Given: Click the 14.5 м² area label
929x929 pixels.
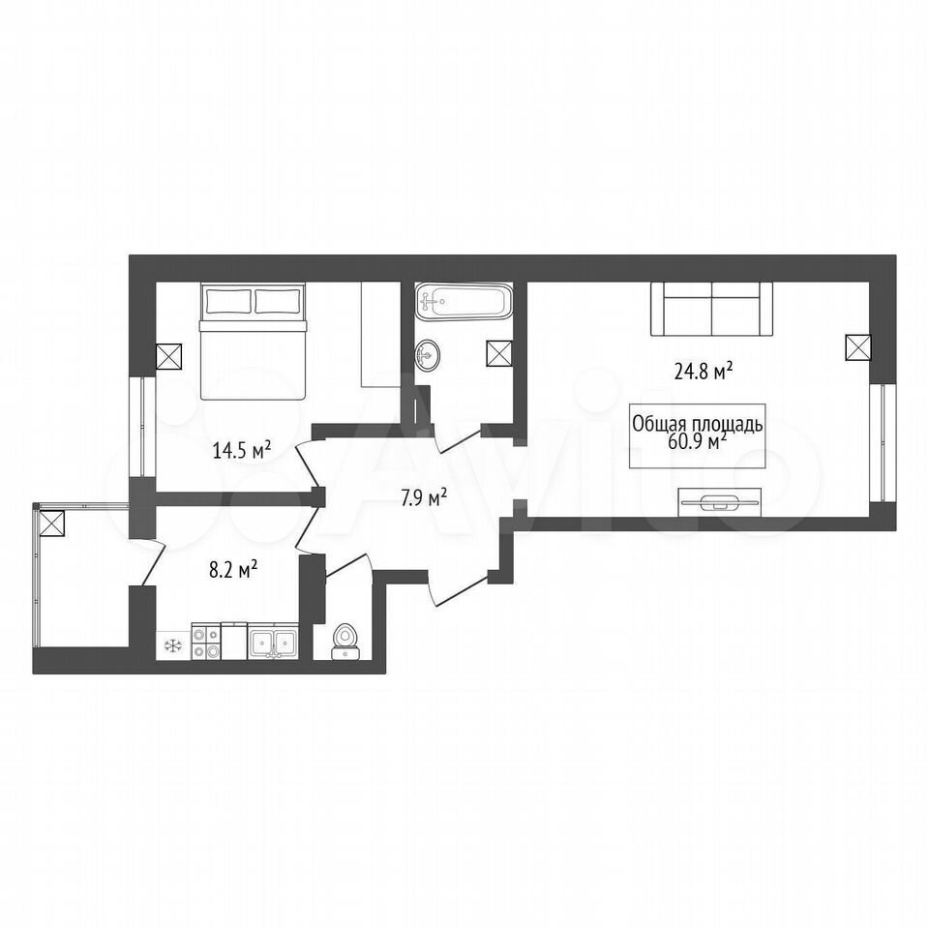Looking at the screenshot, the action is click(x=242, y=450).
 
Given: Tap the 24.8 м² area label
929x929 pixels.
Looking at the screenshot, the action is click(x=704, y=372).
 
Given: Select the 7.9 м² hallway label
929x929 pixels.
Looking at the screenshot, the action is click(x=424, y=498).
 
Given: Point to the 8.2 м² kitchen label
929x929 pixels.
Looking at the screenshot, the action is click(x=233, y=571).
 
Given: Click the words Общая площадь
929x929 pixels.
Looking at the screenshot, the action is click(x=698, y=425).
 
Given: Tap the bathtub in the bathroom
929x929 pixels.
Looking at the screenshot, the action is click(x=463, y=302).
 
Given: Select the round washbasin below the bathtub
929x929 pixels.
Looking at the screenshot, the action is click(x=427, y=355).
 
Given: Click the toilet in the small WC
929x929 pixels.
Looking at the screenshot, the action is click(x=344, y=643).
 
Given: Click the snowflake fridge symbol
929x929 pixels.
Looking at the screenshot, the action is click(x=173, y=645).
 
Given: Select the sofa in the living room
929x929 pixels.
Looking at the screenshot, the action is click(x=711, y=309).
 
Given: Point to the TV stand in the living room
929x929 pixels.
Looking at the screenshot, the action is click(x=719, y=503).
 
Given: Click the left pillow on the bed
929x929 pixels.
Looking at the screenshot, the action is click(x=226, y=301).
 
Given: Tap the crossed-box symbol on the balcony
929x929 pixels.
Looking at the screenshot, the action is click(x=51, y=524).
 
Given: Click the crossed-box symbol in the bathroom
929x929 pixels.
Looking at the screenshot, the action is click(x=499, y=353).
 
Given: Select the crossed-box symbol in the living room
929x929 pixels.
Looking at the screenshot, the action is click(x=857, y=347).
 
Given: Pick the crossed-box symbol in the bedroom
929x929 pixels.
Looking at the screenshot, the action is click(x=168, y=357).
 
